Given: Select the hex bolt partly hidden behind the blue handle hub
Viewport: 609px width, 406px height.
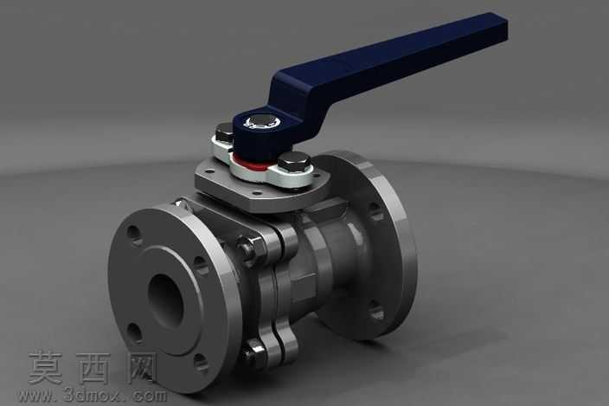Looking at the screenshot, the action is [x=225, y=132].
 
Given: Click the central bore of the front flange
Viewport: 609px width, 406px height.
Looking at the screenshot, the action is [x=166, y=300].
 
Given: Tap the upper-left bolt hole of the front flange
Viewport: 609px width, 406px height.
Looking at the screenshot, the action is [x=135, y=235].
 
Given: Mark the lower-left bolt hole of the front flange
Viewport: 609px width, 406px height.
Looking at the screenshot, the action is [x=134, y=332].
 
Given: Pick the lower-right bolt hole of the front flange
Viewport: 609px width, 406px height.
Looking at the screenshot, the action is [x=201, y=364].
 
